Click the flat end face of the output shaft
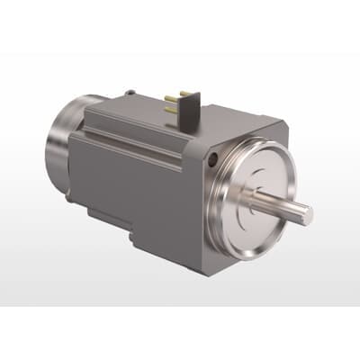[306, 215]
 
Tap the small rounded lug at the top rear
[130, 92]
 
